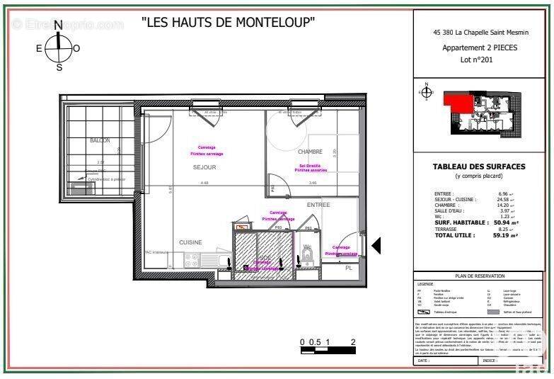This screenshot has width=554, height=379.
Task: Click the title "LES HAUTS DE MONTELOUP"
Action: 229,22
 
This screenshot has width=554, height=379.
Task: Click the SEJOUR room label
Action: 204,167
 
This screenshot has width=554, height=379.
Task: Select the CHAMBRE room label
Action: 310,152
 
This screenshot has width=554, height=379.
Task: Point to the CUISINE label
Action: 190,242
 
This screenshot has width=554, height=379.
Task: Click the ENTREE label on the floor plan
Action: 318,205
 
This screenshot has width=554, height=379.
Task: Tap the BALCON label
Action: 100,140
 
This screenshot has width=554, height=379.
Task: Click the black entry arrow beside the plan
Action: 376,246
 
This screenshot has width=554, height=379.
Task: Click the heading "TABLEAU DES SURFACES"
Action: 479,166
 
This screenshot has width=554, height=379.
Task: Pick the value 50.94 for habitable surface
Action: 502,222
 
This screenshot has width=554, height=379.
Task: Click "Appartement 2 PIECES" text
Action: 479,48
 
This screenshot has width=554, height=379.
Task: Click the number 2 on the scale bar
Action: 352,341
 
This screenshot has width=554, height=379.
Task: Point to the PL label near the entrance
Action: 348,268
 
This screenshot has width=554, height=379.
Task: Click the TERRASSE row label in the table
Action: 447,229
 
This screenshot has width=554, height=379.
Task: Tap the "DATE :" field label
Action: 424,361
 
